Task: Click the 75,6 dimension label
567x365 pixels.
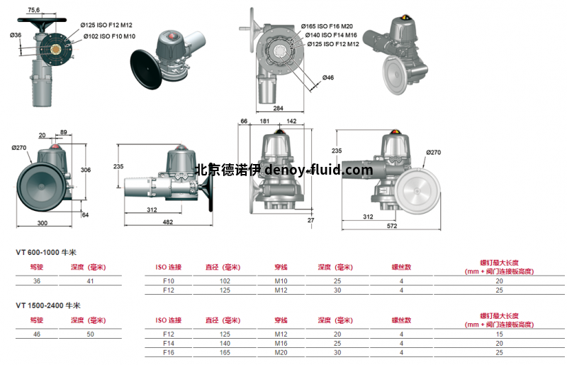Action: (x=34, y=9)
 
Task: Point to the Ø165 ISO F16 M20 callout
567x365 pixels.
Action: (x=328, y=26)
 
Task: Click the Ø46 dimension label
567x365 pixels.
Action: (x=328, y=77)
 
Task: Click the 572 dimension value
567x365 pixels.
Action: (x=393, y=226)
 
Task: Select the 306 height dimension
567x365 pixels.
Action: (x=86, y=170)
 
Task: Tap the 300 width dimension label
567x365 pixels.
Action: (x=43, y=223)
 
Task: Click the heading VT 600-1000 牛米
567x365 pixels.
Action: (x=47, y=252)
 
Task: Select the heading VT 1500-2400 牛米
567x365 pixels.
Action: (x=49, y=305)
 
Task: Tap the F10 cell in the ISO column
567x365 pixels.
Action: (x=169, y=280)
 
